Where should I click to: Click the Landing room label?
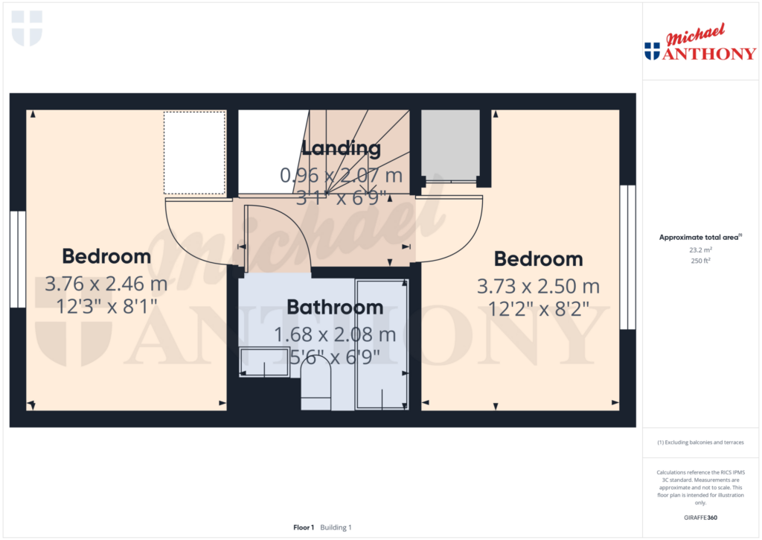(342, 148)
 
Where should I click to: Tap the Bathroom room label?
(335, 307)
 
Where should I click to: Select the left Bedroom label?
(106, 257)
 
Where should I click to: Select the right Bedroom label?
(538, 259)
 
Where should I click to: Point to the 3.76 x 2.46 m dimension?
(106, 284)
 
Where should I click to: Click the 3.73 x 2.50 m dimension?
(540, 287)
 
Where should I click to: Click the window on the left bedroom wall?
(18, 259)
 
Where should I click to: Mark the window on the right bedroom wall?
(628, 257)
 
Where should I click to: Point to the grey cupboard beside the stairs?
(450, 145)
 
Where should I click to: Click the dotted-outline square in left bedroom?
(194, 152)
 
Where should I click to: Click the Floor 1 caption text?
(304, 527)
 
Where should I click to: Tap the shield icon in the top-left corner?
(27, 28)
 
